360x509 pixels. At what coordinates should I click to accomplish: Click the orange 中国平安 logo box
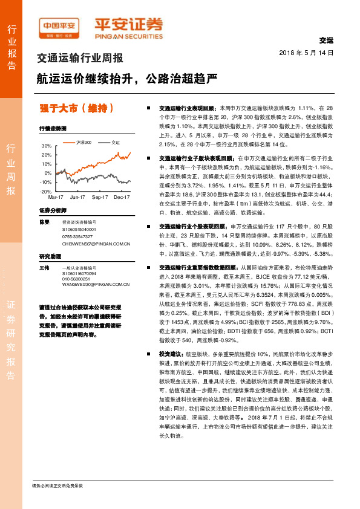point(58,25)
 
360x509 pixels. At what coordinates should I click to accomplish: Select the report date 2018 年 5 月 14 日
point(307,53)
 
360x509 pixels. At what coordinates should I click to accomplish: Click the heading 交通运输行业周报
point(80,59)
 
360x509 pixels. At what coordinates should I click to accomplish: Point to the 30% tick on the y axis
point(47,146)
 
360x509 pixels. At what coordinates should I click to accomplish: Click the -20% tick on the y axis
point(45,191)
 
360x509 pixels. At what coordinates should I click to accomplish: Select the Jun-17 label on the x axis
point(77,197)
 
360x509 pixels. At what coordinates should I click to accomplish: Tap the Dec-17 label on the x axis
point(122,197)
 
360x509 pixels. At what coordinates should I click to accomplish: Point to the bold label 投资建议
point(170,369)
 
